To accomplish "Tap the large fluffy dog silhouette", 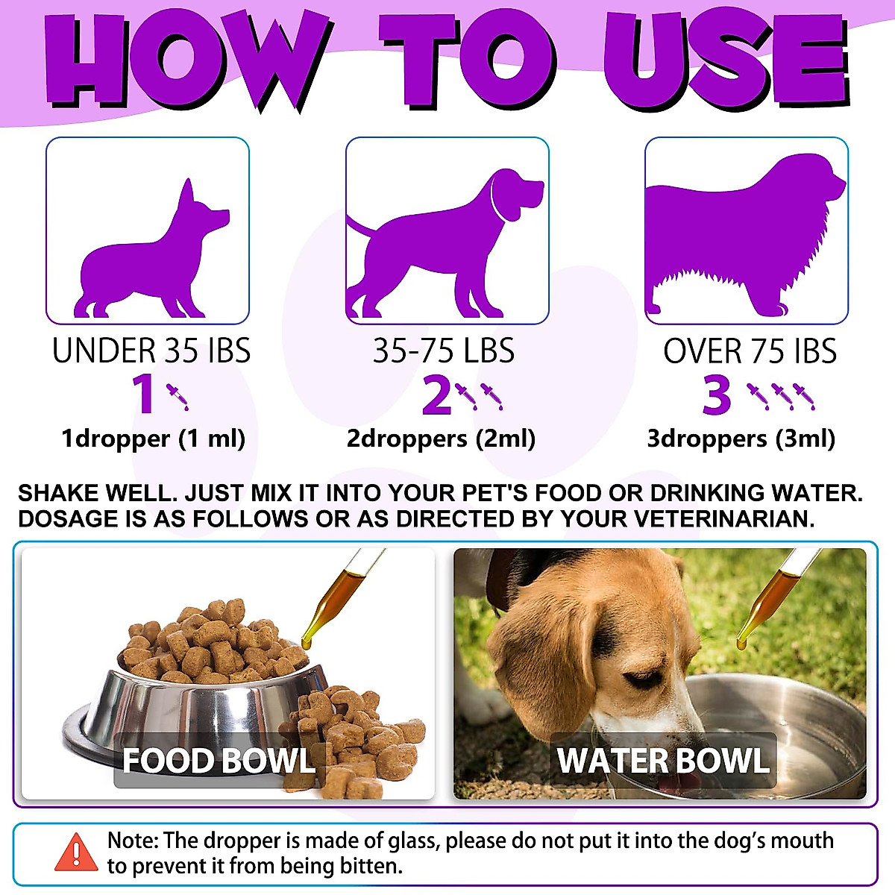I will pos(738,239).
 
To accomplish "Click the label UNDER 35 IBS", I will pos(151,351).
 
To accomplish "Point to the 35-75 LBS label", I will pos(444,351).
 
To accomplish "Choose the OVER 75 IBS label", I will pos(750,351).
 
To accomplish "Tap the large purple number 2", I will pos(436,395).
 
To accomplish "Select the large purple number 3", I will pos(717,395).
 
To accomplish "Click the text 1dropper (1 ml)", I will pos(154,439).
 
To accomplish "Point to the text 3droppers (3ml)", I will pos(741,439).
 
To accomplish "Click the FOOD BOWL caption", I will pos(219,761).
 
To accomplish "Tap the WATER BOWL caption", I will pos(663,761).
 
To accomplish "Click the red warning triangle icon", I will pos(76,852).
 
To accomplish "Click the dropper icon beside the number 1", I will pos(178,396).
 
